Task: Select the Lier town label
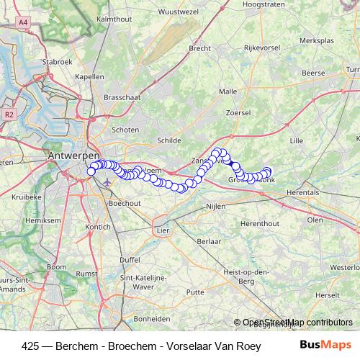[162, 230]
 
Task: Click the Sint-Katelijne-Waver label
[144, 282]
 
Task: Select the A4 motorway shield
[24, 23]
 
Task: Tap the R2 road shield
[9, 114]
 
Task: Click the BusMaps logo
[325, 344]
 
